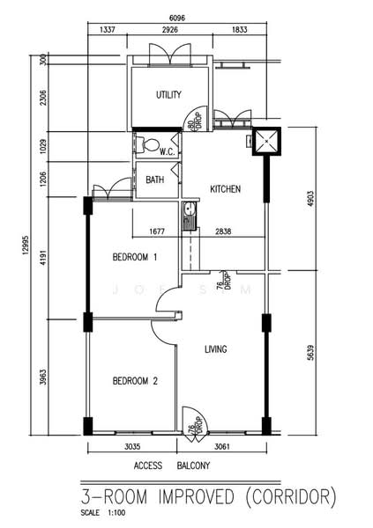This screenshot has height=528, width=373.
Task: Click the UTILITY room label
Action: [168, 95]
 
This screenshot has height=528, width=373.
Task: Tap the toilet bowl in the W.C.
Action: [149, 145]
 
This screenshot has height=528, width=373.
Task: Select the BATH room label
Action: [155, 180]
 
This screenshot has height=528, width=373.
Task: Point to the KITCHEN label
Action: [225, 189]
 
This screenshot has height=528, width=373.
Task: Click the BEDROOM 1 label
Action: [135, 257]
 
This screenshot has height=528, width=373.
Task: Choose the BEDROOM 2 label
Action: [135, 381]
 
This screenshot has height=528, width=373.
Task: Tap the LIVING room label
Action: [216, 349]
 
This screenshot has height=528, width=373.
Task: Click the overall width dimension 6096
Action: [177, 18]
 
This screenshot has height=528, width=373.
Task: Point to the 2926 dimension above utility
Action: [170, 30]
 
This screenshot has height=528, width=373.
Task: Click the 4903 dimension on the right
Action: [310, 201]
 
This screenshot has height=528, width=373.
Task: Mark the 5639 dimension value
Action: [310, 353]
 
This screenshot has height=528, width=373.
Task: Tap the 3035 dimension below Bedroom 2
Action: [132, 446]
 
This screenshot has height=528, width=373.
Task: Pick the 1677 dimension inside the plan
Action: [157, 231]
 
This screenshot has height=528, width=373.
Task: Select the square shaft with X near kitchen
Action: [266, 142]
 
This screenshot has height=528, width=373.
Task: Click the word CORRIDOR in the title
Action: [291, 497]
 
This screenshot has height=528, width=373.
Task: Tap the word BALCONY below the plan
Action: [193, 466]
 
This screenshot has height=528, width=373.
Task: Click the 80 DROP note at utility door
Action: [195, 120]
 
